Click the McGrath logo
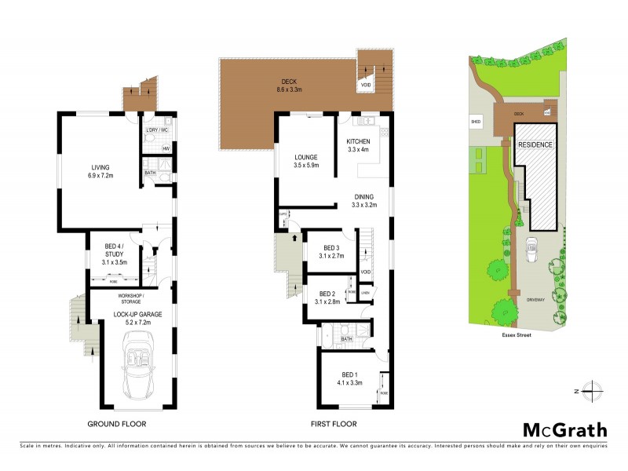565,429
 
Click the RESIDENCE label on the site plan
535,145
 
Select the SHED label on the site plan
475,122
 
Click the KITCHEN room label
358,141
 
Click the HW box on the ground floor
166,148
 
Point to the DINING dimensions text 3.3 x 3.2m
364,206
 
